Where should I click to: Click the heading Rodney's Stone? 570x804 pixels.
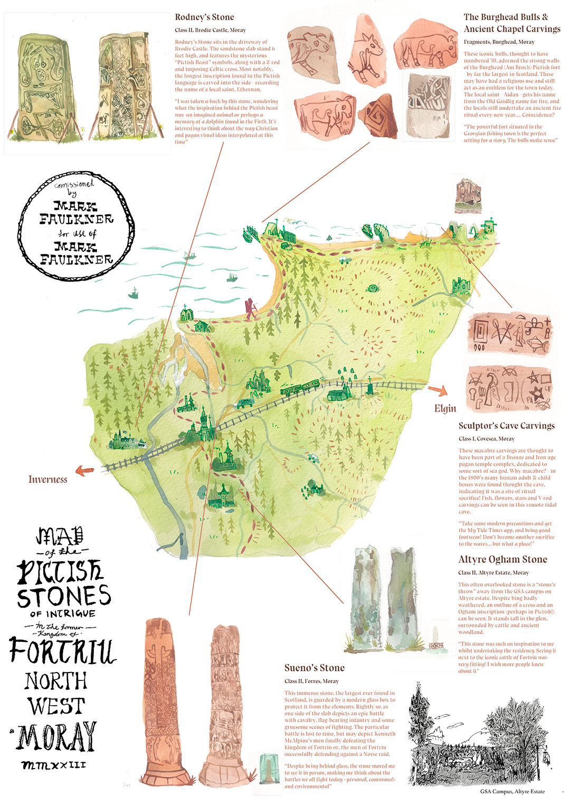(204, 17)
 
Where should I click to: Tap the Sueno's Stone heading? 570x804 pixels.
(314, 668)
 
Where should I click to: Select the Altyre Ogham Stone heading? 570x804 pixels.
(502, 560)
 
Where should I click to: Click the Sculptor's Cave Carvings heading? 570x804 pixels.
(506, 426)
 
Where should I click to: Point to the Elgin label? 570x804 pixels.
(445, 408)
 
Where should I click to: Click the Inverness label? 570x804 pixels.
(47, 479)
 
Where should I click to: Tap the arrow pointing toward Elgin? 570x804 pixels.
(438, 391)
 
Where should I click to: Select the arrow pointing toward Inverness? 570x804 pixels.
(84, 470)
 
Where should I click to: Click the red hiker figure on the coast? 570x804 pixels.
(250, 308)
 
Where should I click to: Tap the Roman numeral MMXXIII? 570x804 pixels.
(54, 764)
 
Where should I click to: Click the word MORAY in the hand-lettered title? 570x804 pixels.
(57, 736)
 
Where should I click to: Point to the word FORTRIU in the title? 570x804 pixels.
(62, 651)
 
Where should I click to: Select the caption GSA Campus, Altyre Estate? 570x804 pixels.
(512, 791)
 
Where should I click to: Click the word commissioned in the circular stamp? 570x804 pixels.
(74, 185)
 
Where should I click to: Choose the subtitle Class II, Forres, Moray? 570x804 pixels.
(311, 681)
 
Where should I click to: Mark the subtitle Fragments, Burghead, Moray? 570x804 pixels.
(499, 42)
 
